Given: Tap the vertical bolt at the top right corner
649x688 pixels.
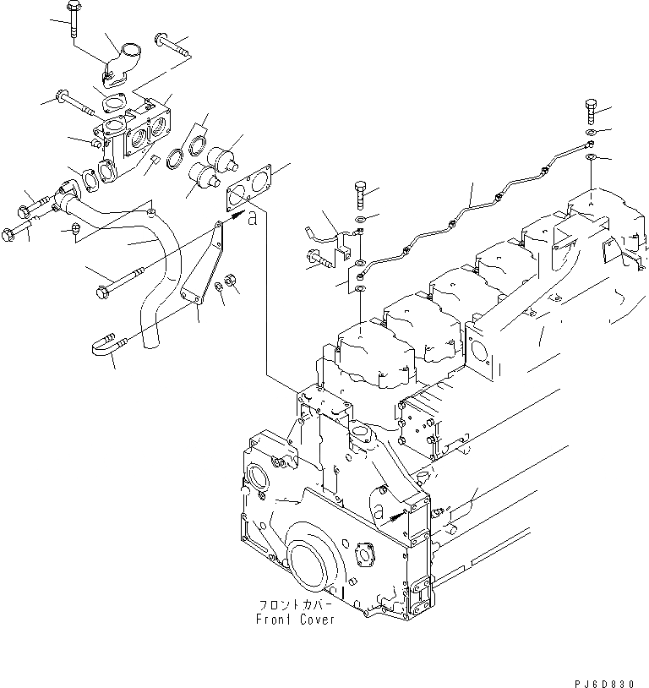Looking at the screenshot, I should (x=591, y=111).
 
